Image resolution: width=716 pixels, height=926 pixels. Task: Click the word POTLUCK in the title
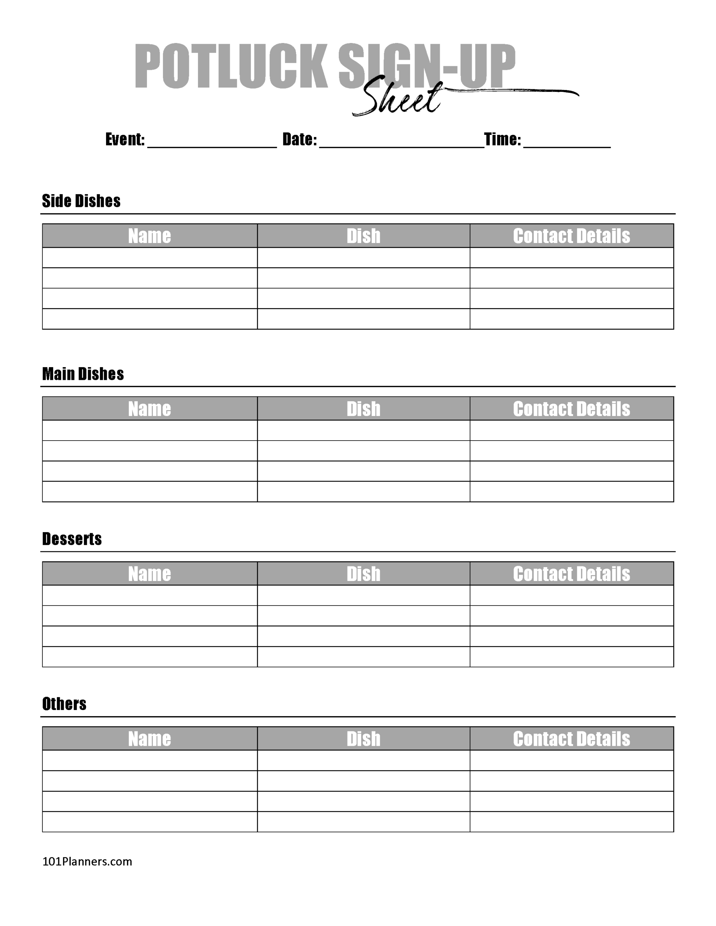pos(231,66)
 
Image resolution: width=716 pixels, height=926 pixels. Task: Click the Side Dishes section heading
pos(81,201)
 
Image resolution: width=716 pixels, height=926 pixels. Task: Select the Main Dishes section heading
pos(83,374)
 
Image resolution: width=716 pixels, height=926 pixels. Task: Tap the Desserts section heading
pos(72,539)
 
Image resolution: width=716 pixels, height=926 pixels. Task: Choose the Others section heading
pos(64,704)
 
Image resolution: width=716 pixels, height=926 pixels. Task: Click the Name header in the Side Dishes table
pos(149,236)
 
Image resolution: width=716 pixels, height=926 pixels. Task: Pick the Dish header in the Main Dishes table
pos(363,409)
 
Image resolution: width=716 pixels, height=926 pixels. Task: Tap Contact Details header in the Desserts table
pos(571,574)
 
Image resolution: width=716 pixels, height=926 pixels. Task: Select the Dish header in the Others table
pos(363,739)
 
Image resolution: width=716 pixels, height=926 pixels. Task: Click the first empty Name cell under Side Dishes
pos(149,258)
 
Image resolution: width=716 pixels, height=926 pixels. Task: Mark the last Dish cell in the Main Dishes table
pos(363,492)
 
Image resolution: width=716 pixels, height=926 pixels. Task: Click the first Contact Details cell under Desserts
pos(571,595)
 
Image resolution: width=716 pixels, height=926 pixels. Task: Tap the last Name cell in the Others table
pos(149,821)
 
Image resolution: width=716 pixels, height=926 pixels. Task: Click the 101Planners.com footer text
pos(87,862)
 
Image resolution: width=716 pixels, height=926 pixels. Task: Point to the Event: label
pos(125,139)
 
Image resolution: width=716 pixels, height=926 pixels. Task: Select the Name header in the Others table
pos(149,739)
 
